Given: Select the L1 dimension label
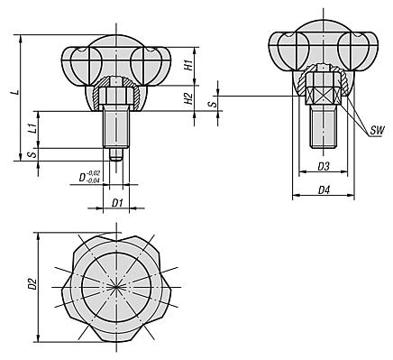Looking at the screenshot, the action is (33, 128).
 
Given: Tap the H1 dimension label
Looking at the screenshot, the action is (188, 65).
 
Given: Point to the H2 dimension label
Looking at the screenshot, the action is (188, 98).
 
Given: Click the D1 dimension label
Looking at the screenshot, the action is (117, 203).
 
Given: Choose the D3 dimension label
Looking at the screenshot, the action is (324, 166).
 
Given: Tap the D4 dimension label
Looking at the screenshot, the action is (324, 190).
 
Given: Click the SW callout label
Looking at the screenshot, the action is (377, 131).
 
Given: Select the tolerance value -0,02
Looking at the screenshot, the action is (94, 173).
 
